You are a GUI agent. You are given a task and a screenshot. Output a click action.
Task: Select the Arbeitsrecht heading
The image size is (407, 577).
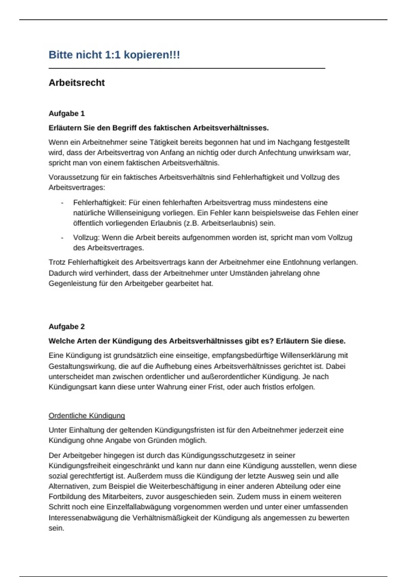click(77, 83)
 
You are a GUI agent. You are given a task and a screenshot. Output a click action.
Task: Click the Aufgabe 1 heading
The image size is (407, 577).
click(66, 113)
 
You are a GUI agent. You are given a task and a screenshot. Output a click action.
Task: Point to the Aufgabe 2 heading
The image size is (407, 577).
click(66, 327)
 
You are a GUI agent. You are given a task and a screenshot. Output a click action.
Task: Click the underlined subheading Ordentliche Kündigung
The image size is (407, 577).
click(86, 415)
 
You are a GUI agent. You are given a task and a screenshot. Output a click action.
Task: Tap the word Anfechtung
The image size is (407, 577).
click(277, 152)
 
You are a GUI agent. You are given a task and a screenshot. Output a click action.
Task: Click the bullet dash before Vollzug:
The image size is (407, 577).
click(62, 238)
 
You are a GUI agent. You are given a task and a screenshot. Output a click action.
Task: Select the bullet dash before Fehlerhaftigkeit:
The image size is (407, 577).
click(62, 203)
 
